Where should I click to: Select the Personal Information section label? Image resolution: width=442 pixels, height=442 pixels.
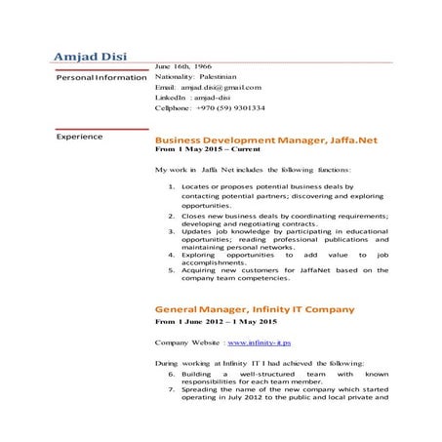(x=100, y=77)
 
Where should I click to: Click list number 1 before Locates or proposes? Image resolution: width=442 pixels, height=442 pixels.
(x=172, y=185)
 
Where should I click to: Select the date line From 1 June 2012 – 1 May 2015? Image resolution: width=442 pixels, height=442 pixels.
(x=216, y=322)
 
